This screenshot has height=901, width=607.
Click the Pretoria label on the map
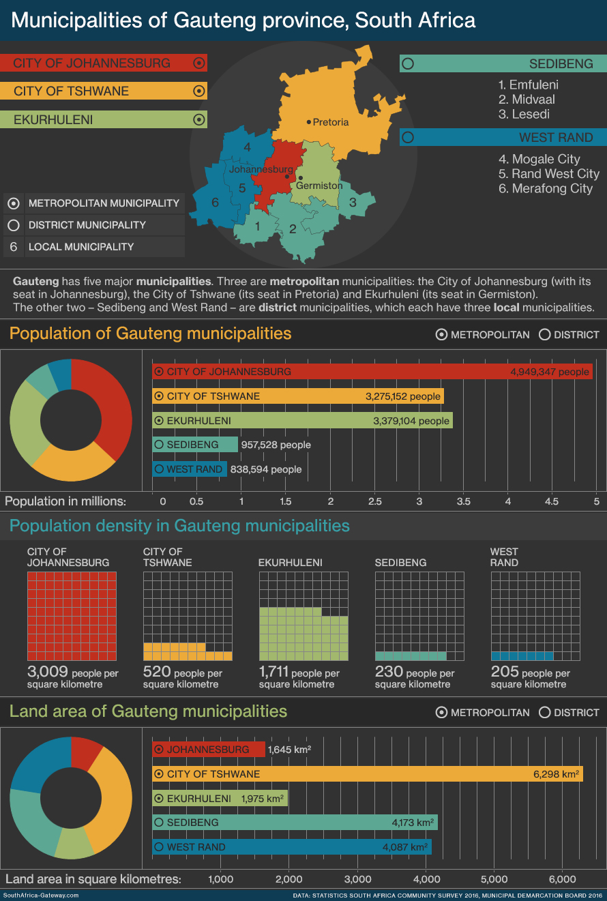tap(331, 122)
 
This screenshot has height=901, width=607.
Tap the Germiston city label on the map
tap(319, 186)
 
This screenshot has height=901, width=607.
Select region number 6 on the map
tap(215, 202)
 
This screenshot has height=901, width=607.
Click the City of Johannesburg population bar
tap(372, 372)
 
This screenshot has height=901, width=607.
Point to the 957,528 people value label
tap(276, 445)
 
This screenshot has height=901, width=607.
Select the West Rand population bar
tap(190, 469)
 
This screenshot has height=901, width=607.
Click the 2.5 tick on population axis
tap(374, 501)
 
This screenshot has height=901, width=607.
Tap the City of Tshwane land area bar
tap(367, 774)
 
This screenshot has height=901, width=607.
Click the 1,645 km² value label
tap(290, 750)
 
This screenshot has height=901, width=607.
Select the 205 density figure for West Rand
tap(505, 672)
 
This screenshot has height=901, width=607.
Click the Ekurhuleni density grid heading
tap(290, 563)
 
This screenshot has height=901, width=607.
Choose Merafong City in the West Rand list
tap(545, 188)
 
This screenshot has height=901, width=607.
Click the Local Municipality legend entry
tap(80, 247)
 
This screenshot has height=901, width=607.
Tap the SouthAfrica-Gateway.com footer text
tap(41, 896)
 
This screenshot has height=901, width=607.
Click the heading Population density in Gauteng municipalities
tap(179, 526)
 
